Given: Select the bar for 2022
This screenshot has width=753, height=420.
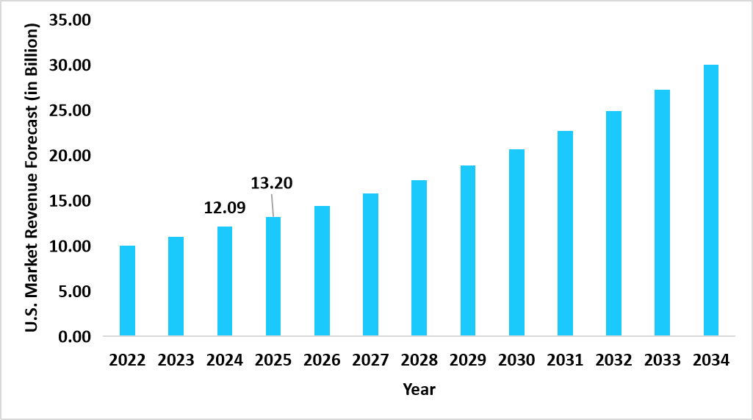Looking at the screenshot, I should coord(127,291).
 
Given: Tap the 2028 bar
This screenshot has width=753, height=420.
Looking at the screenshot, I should coord(419,258).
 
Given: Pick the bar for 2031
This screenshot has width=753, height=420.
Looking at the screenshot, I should coord(565,233).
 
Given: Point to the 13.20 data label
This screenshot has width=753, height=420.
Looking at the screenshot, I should coord(272,182).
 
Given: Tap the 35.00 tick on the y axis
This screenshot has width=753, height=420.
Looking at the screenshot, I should coord(70,20).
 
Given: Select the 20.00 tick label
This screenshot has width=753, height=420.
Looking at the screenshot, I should coord(70,156).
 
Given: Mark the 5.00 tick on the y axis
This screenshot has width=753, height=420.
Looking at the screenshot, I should coord(73,291).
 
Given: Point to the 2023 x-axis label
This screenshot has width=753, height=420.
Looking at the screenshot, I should coord(176,360).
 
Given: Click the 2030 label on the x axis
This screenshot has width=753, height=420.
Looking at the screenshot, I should coord(516,360).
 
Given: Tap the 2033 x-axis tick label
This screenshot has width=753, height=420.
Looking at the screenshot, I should coord(662,360).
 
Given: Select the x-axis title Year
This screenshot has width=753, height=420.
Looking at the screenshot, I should coord(419,389).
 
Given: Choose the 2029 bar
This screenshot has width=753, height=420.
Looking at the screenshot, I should coord(467,251).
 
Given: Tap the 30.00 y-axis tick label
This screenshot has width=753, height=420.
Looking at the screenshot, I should coord(70,65).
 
